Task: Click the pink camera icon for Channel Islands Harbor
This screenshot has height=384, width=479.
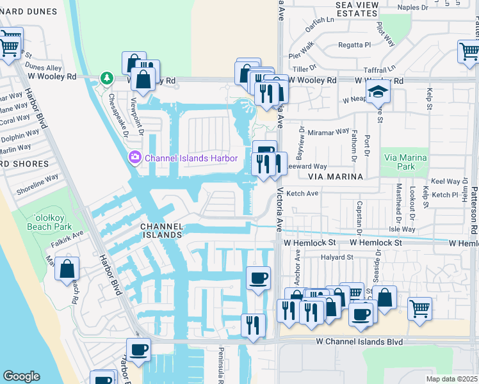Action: click(134, 157)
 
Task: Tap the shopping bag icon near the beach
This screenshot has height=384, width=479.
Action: click(67, 269)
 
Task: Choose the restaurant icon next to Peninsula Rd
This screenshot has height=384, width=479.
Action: click(254, 324)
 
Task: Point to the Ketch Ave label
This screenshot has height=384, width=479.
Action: click(302, 193)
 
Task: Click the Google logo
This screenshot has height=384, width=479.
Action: click(21, 376)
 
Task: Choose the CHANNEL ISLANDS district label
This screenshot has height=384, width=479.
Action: click(162, 231)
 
